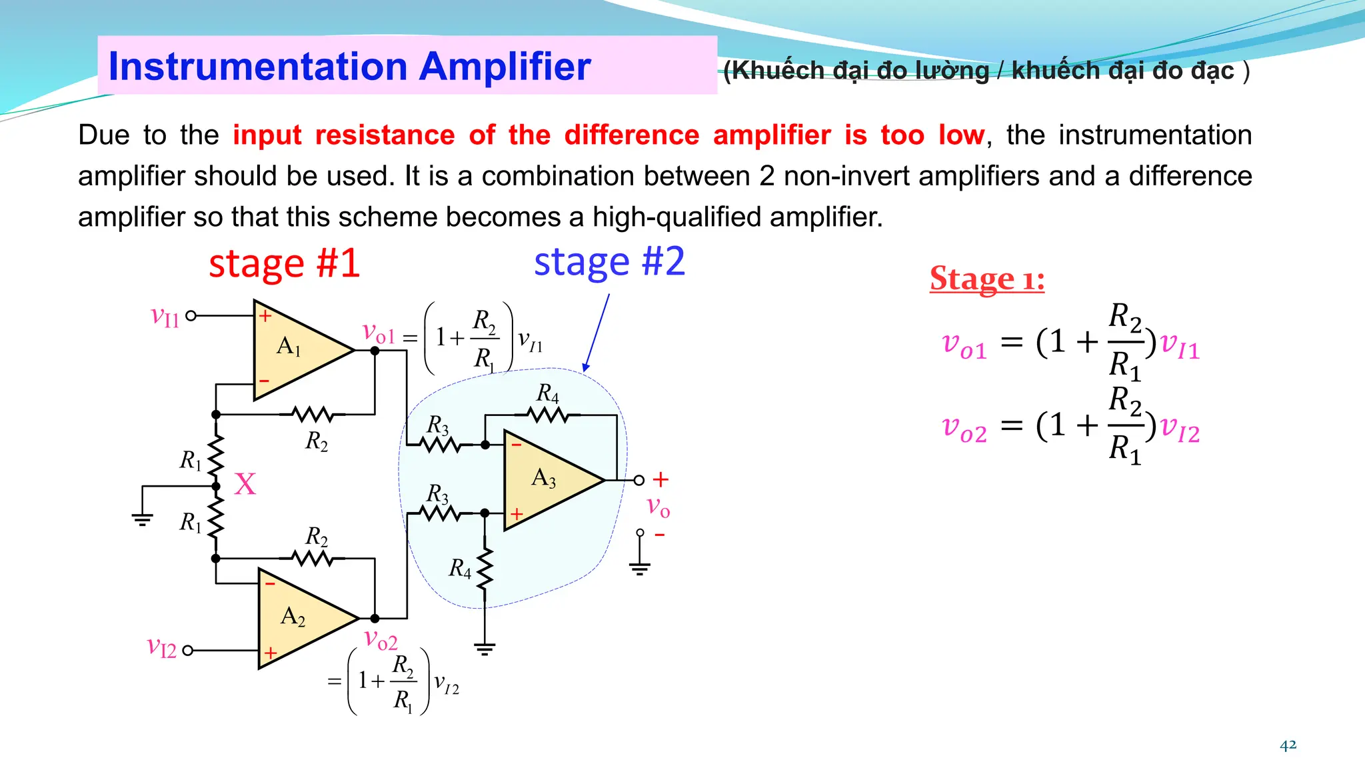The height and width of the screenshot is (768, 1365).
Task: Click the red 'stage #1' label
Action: coord(285,263)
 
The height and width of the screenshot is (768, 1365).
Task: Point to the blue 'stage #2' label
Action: coord(609,261)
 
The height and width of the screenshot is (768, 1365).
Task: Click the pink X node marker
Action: coord(245,485)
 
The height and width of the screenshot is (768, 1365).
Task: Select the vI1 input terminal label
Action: coord(165,316)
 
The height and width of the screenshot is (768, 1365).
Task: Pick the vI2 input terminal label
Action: coord(162,647)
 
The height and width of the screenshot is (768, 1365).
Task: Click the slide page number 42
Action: coord(1288,745)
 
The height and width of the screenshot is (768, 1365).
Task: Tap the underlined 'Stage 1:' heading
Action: coord(987,279)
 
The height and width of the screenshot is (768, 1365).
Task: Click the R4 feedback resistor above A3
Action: coord(549,415)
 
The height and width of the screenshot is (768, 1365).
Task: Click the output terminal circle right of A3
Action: coord(639,480)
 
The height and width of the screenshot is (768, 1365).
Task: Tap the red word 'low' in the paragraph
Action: coord(961,135)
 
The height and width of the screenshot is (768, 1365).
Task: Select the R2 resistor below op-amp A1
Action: coord(313,415)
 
